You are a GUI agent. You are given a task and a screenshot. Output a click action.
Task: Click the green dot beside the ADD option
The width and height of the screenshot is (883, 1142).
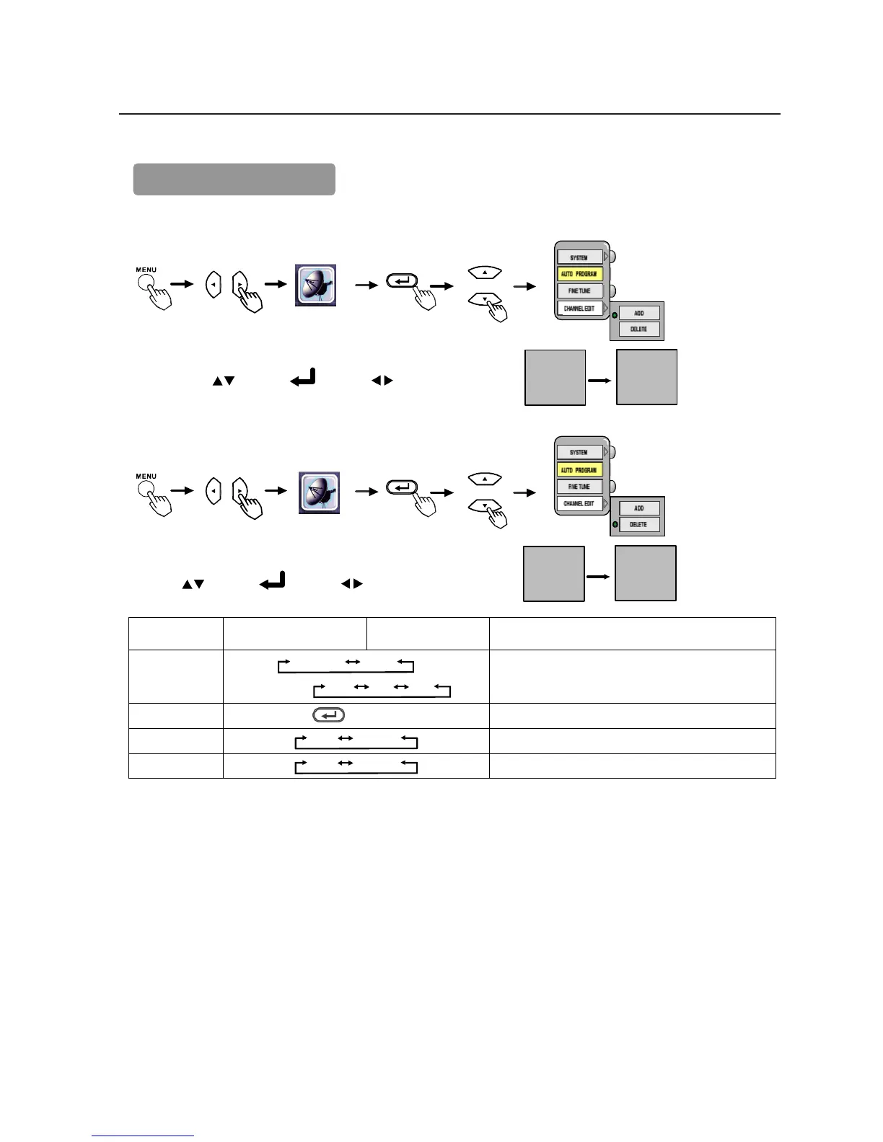coord(615,315)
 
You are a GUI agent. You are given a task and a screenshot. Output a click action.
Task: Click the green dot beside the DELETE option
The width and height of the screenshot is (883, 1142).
coord(615,524)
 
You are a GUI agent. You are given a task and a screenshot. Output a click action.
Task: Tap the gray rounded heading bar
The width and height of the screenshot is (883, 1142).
coord(234,180)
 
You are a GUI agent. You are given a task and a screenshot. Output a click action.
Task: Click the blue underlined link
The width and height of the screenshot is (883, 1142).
coord(143,1137)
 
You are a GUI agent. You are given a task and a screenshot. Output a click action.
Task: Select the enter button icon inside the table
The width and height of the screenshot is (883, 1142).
coord(328,715)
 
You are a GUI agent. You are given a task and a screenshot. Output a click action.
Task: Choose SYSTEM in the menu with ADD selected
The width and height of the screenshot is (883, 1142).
coord(579,257)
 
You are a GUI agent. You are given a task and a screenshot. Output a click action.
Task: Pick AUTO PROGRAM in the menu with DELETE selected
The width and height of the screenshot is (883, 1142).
coord(579,470)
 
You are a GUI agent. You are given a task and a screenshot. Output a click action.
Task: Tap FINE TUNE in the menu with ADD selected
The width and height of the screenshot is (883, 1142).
coord(579,291)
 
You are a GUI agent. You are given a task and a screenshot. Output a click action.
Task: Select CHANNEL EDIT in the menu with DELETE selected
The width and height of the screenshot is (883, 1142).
coord(579,503)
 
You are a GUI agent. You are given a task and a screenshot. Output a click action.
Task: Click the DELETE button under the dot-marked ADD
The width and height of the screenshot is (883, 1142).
coord(639,329)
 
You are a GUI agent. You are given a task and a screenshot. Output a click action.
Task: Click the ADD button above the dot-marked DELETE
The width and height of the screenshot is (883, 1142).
coord(639,508)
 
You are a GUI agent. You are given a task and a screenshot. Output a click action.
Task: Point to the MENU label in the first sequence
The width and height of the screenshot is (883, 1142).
coord(146,270)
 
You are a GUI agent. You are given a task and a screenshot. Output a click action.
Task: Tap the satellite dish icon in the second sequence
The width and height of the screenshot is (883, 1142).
coord(319,493)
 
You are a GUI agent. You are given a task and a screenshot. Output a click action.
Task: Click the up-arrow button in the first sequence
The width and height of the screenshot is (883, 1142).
coord(485,273)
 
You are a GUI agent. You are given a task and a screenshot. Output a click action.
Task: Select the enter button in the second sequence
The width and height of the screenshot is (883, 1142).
coord(403,487)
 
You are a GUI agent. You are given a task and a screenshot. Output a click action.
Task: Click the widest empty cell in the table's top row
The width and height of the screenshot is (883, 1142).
coord(632,634)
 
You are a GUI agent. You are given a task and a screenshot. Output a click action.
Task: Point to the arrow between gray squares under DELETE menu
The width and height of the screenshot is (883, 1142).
coord(599,576)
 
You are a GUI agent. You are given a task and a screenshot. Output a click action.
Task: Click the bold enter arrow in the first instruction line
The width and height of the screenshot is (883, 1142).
coord(303,378)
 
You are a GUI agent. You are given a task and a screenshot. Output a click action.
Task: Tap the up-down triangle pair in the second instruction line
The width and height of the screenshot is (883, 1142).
coord(193,584)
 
